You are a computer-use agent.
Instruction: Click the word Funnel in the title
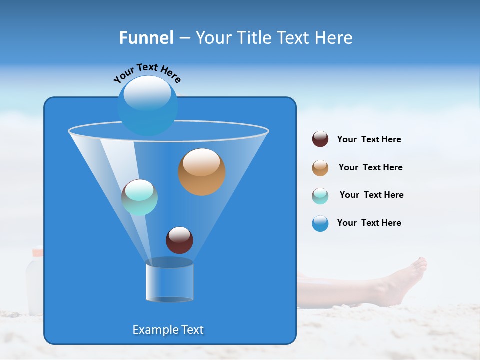[x=146, y=38]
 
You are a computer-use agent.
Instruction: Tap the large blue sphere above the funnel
[x=147, y=105]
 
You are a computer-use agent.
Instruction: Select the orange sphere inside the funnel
[x=201, y=172]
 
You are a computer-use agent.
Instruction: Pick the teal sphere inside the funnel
[x=139, y=197]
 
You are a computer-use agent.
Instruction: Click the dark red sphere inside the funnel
[x=179, y=240]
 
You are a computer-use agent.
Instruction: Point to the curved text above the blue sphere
[x=147, y=72]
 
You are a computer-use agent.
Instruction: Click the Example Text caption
[x=168, y=330]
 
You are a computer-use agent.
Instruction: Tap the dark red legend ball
[x=320, y=139]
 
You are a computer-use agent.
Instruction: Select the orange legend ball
[x=320, y=168]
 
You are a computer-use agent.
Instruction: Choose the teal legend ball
[x=320, y=196]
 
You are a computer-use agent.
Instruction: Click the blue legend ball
[x=320, y=223]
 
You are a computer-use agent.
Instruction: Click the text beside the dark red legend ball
[x=369, y=140]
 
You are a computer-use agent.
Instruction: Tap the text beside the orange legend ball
[x=370, y=168]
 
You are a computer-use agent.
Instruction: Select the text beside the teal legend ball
[x=371, y=195]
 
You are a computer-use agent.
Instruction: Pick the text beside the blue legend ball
[x=369, y=223]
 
